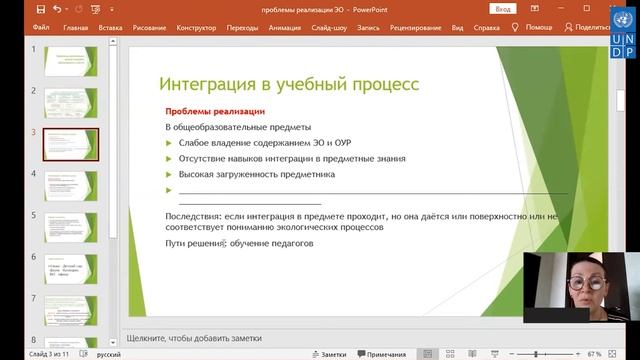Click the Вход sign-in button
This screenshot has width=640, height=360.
[503, 9]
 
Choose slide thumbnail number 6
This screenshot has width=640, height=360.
[71, 270]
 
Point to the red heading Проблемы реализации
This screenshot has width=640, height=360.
[215, 110]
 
